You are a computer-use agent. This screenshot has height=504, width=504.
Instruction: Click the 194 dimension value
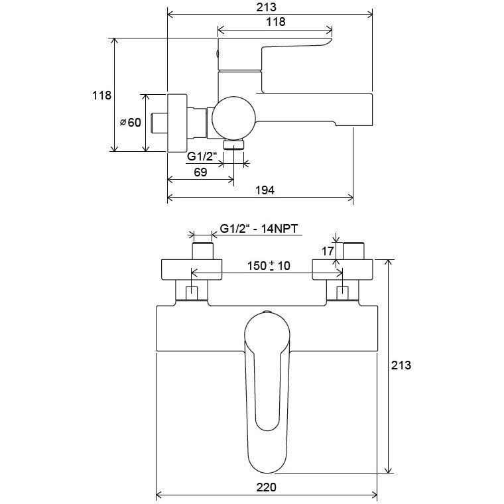tap(265, 190)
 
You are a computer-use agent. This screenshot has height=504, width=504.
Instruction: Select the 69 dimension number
tap(200, 172)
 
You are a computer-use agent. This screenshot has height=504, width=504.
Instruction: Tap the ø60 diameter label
tap(131, 122)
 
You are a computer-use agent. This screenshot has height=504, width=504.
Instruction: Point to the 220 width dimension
tap(266, 487)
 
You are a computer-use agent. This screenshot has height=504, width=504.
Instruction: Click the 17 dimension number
tap(328, 251)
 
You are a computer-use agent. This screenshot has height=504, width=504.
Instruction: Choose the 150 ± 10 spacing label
tap(269, 266)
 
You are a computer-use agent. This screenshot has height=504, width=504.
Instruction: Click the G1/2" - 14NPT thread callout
tap(259, 229)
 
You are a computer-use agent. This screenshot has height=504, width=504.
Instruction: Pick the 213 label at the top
tap(266, 7)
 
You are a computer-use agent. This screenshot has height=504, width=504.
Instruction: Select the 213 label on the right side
tap(401, 365)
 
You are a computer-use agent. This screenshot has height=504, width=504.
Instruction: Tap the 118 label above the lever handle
tap(276, 21)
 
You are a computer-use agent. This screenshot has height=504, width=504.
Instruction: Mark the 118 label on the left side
tap(101, 95)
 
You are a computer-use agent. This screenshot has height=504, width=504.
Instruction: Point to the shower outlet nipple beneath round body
tap(234, 145)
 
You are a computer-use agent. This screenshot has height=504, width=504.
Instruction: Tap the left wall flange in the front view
tap(191, 269)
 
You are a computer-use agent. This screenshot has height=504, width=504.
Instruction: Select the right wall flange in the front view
tap(342, 269)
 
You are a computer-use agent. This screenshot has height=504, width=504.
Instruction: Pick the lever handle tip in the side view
tap(328, 41)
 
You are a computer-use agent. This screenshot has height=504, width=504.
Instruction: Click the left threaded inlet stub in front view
tap(203, 251)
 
